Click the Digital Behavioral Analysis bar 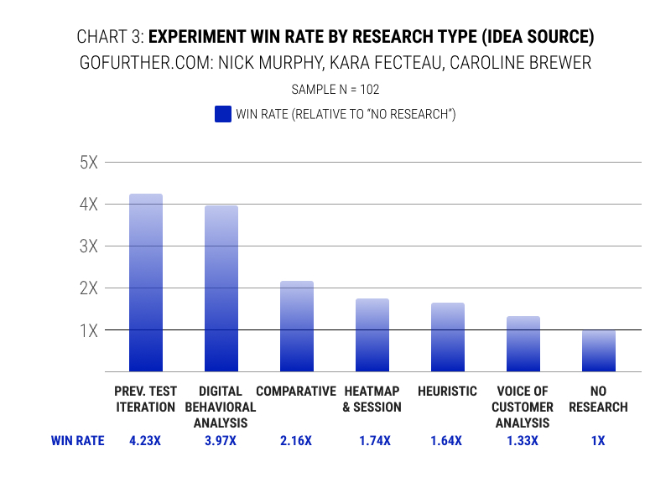[x=221, y=289]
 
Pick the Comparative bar [x=297, y=327]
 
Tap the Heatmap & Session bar [x=372, y=335]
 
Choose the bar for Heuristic [x=448, y=338]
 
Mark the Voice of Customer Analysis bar [x=523, y=345]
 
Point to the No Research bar [x=599, y=351]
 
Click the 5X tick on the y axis [x=89, y=163]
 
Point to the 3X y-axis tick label [x=89, y=246]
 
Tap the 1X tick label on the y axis [x=89, y=330]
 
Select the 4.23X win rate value [x=145, y=440]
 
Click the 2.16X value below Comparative [x=296, y=440]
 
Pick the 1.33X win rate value [x=523, y=440]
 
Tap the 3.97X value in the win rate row [x=221, y=440]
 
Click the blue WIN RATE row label [x=78, y=440]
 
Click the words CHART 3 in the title [x=109, y=38]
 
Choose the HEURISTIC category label [x=447, y=392]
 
